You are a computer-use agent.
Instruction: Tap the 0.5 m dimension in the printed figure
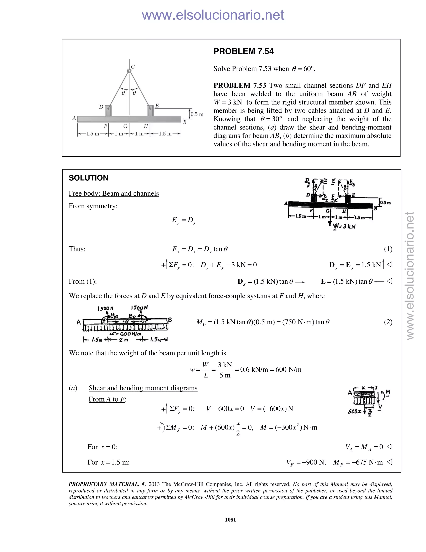click(x=197, y=114)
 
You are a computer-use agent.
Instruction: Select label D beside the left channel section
click(x=101, y=107)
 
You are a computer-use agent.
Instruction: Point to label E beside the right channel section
click(x=157, y=106)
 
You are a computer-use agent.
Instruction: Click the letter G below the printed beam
click(x=125, y=126)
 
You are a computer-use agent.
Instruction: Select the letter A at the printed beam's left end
click(x=74, y=118)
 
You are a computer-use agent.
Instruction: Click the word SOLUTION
click(x=88, y=178)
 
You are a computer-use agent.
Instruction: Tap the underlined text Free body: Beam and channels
click(x=114, y=193)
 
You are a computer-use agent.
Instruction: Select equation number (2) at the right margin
click(x=388, y=322)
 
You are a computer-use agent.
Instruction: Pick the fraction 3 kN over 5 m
click(x=225, y=370)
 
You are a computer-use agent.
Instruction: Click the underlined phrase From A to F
click(x=107, y=399)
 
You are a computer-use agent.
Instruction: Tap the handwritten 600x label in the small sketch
click(x=354, y=411)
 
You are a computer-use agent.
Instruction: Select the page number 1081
click(x=230, y=520)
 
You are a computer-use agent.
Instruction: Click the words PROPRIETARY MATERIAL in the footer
click(x=104, y=484)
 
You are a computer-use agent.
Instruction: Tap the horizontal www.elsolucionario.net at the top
click(x=213, y=15)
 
